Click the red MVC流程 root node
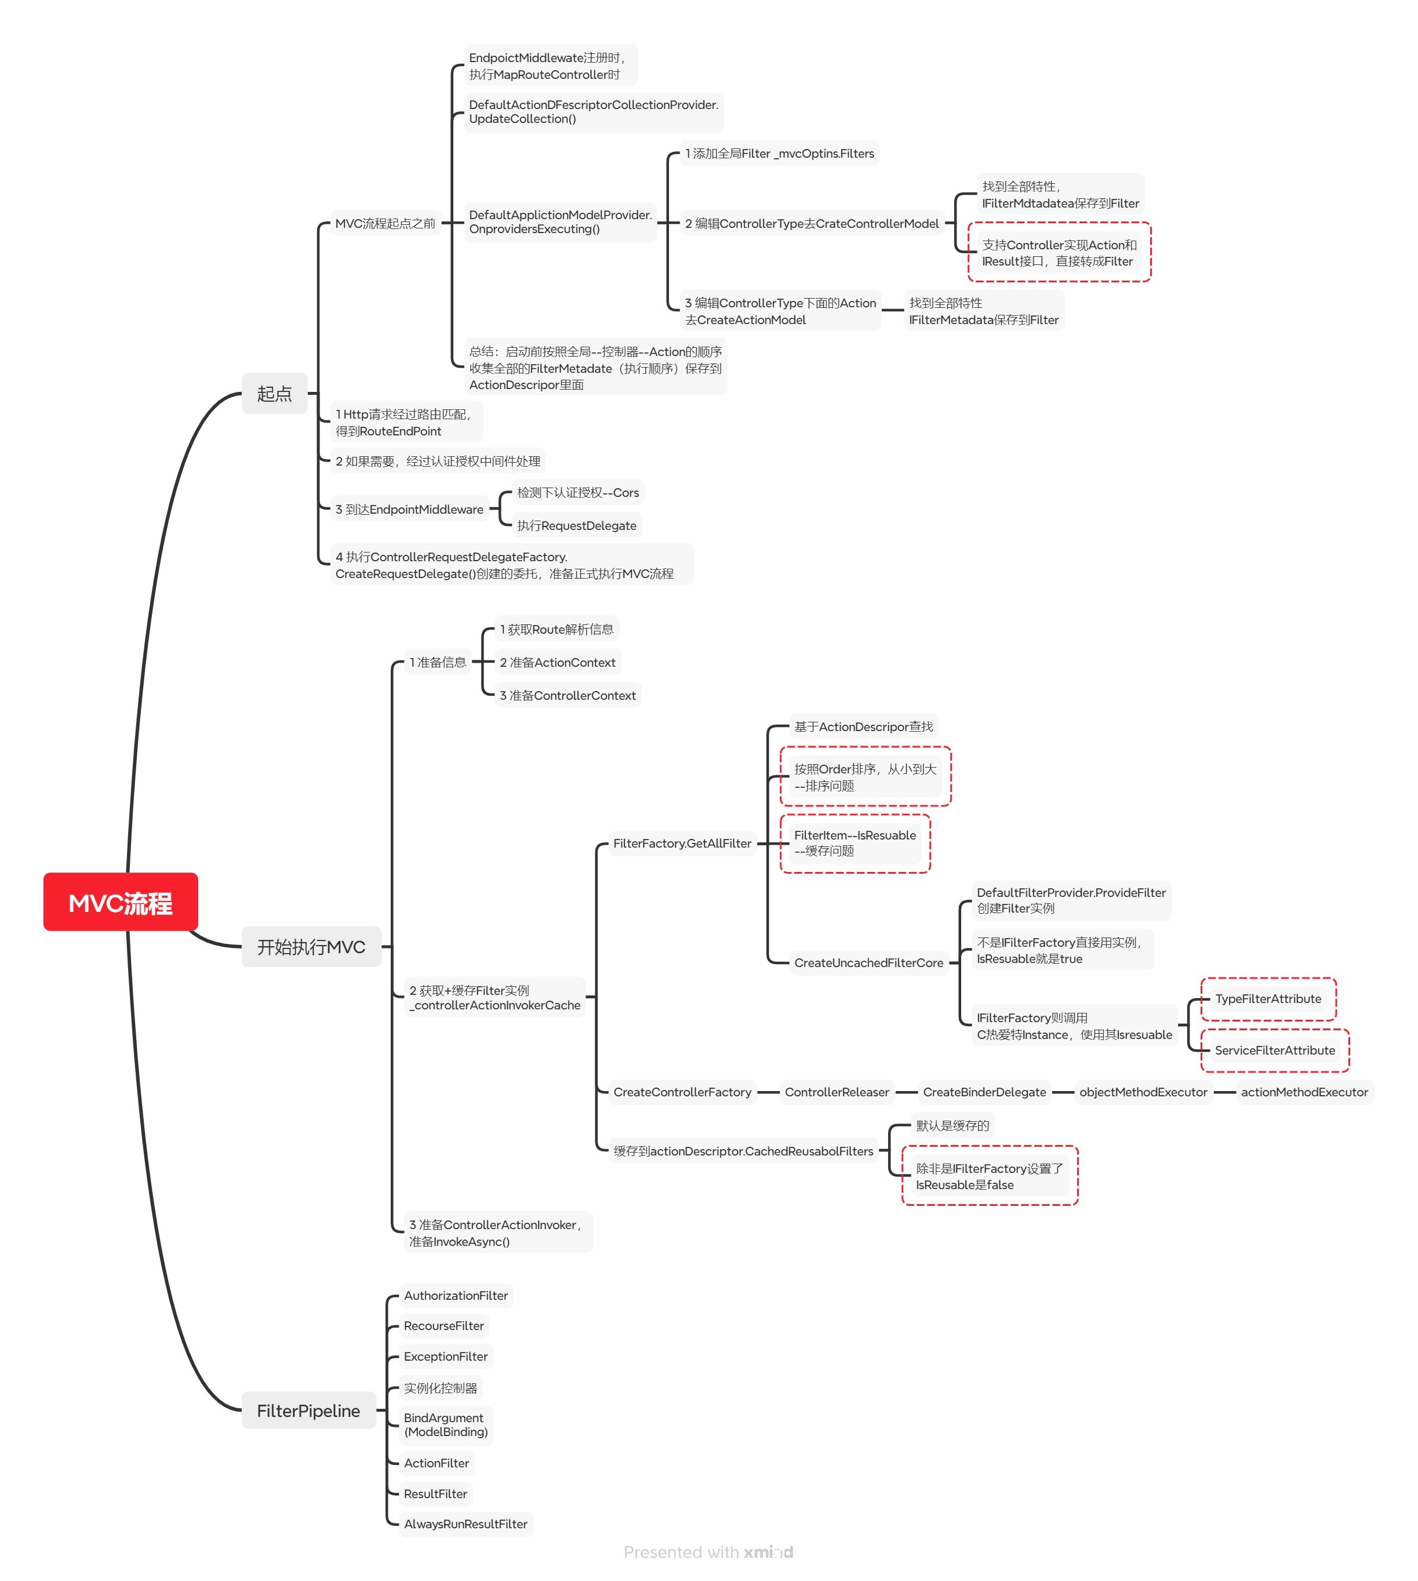120,902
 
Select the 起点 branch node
274,394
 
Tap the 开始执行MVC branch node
311,946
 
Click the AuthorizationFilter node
456,1295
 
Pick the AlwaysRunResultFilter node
465,1524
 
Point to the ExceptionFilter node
446,1356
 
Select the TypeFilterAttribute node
1268,998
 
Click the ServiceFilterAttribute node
1275,1049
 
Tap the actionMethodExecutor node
1304,1092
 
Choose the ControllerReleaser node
837,1092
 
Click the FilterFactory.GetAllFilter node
682,843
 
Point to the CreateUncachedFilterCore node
869,962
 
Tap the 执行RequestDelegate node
577,525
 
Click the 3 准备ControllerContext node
568,695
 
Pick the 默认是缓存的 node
952,1125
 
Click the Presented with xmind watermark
708,1551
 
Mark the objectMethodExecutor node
1143,1092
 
